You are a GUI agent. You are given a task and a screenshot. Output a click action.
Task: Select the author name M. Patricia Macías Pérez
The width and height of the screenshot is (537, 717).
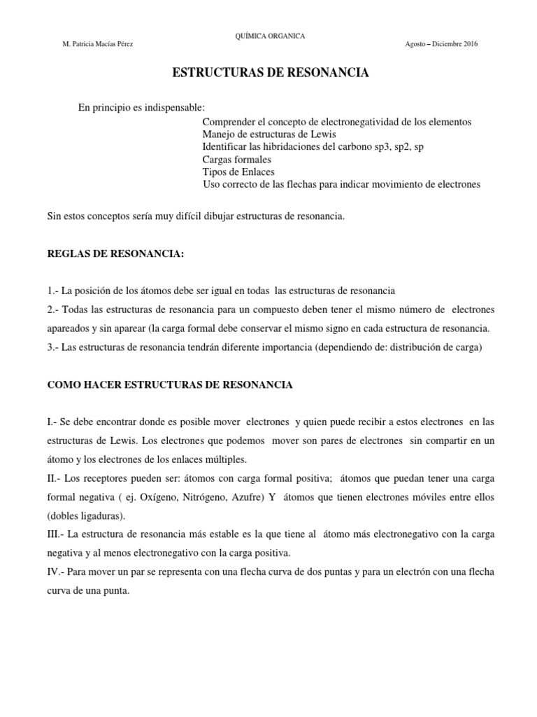[x=98, y=44]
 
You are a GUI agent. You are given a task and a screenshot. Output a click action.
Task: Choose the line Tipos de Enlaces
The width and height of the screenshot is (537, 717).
[x=238, y=172]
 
